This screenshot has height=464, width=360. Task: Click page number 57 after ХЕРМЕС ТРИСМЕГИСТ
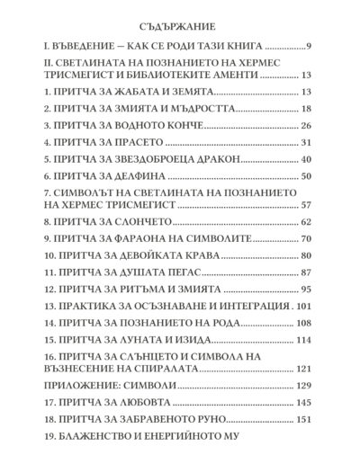point(304,204)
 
